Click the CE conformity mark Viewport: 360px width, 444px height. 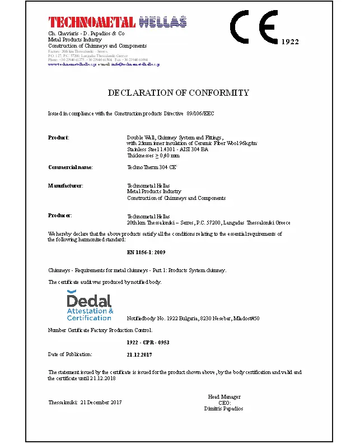click(254, 27)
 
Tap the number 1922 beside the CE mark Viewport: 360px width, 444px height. click(289, 42)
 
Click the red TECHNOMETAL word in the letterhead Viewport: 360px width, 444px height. click(92, 22)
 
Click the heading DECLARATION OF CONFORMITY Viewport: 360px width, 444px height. click(178, 92)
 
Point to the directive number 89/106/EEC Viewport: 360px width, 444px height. click(200, 114)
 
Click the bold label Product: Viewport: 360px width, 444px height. click(59, 137)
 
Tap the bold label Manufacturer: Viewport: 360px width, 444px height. click(66, 185)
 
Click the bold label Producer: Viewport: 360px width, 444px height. click(60, 215)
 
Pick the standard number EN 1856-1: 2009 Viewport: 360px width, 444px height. click(146, 253)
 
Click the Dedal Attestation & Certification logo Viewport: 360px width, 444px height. click(90, 306)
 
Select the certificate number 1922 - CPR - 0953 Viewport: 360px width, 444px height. click(148, 342)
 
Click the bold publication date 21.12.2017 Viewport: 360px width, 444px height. click(139, 354)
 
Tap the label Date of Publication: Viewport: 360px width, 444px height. click(70, 354)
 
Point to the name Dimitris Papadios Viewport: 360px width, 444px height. click(223, 409)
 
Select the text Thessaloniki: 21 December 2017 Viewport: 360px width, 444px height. click(85, 403)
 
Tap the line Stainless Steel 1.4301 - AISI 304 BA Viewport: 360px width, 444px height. click(167, 149)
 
